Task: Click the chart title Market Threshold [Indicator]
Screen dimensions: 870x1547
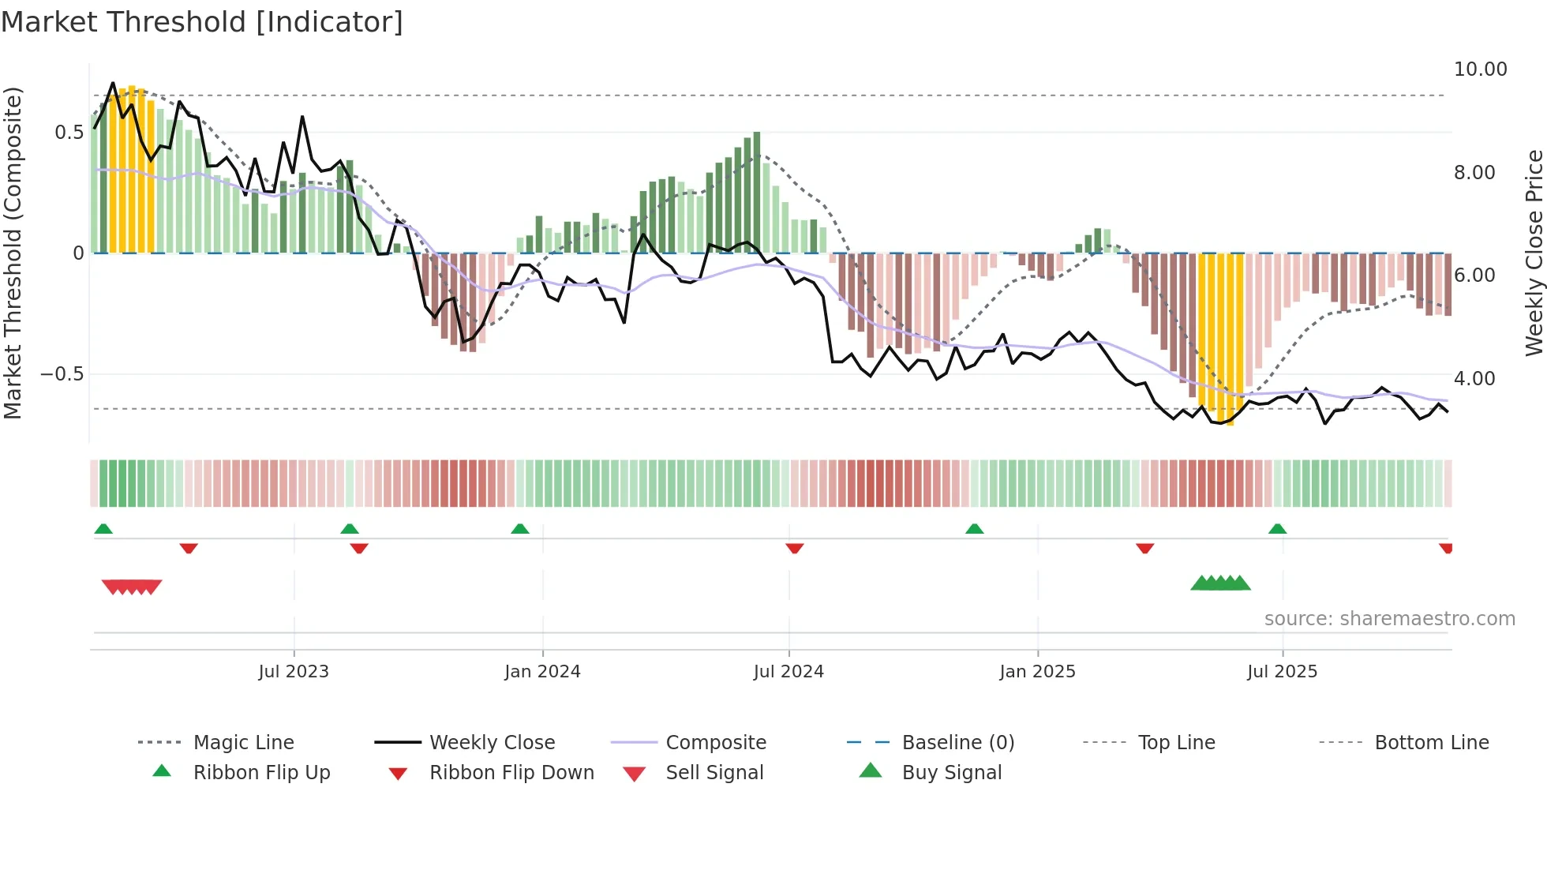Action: tap(202, 22)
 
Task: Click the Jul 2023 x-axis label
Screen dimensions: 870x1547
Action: tap(294, 672)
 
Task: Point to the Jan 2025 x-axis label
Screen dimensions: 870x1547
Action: tap(1037, 672)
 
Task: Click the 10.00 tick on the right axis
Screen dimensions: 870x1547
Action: tap(1480, 69)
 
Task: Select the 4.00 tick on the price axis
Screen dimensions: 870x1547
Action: tap(1474, 379)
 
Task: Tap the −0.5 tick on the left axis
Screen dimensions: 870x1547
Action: tap(62, 374)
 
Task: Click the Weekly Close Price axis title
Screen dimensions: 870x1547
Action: tap(1534, 253)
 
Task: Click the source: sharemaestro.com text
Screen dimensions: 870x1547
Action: tap(1389, 619)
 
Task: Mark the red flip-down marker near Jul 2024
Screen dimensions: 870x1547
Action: tap(795, 548)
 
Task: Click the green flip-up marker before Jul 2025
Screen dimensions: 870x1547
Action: tap(1277, 529)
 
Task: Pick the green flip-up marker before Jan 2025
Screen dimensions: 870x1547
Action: tap(974, 529)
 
